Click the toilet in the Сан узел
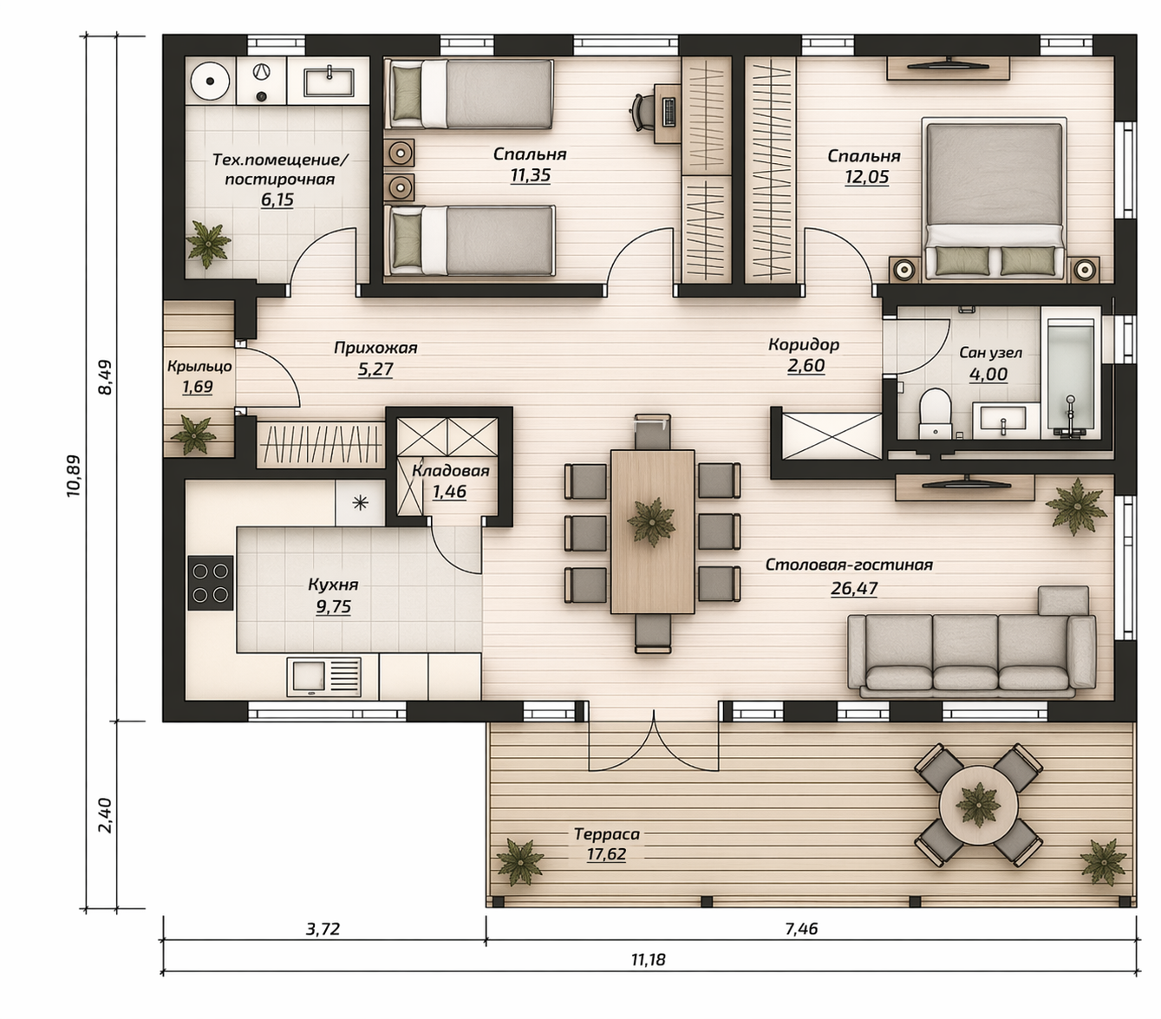pyautogui.click(x=936, y=413)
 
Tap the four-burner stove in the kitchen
pyautogui.click(x=211, y=582)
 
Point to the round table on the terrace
pyautogui.click(x=978, y=806)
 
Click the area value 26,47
pyautogui.click(x=854, y=589)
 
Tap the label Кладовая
pyautogui.click(x=450, y=471)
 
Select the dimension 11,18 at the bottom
pyautogui.click(x=648, y=959)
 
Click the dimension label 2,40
pyautogui.click(x=106, y=815)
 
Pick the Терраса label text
pyautogui.click(x=606, y=834)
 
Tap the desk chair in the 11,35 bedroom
pyautogui.click(x=642, y=113)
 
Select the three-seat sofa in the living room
pyautogui.click(x=972, y=655)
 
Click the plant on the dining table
pyautogui.click(x=651, y=521)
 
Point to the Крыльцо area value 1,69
pyautogui.click(x=198, y=387)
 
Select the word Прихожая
pyautogui.click(x=375, y=348)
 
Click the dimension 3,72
pyautogui.click(x=323, y=929)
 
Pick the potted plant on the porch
pyautogui.click(x=194, y=435)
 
